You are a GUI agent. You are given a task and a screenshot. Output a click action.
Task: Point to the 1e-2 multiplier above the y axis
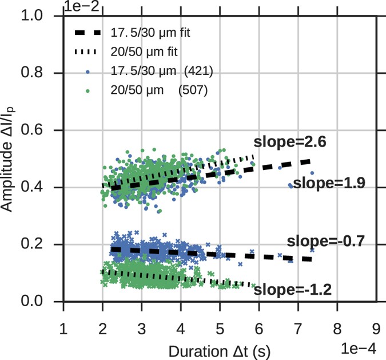point(79,6)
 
